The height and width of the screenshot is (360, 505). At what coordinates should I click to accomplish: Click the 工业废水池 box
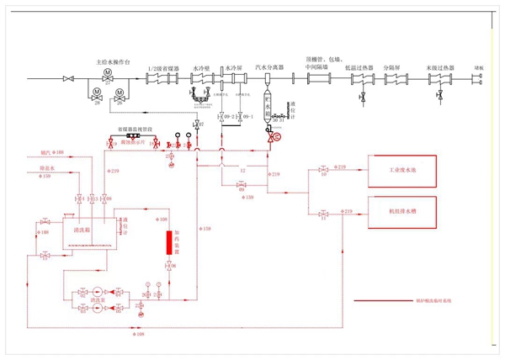[x=402, y=171]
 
